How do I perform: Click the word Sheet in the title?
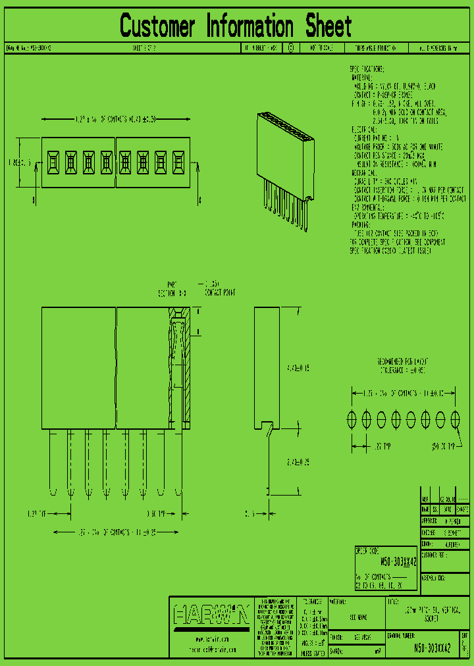coord(328,26)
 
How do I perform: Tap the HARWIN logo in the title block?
coord(211,616)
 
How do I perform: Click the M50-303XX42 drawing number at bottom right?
coord(432,648)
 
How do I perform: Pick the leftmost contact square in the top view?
coord(52,162)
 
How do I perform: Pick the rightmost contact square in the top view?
coord(177,162)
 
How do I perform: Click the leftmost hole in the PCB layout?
coord(352,419)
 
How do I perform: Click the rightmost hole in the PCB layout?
coord(456,419)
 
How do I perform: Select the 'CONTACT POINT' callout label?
coord(220,292)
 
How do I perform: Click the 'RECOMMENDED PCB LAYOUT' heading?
coord(404,362)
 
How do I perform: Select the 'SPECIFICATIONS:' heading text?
coord(367,69)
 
